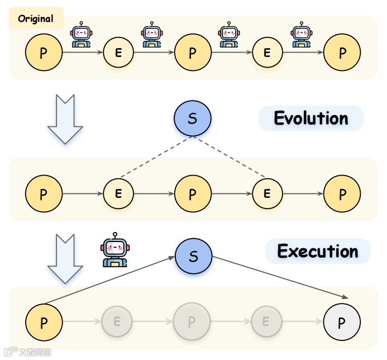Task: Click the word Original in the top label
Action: (x=36, y=18)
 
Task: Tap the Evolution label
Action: (x=310, y=119)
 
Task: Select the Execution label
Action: (x=318, y=251)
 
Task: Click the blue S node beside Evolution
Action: (x=193, y=119)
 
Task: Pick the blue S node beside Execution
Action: (x=194, y=257)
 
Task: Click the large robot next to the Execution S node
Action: (x=114, y=250)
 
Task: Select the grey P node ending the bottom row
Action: (x=342, y=321)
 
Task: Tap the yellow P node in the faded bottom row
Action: (x=44, y=321)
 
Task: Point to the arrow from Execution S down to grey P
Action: (x=279, y=277)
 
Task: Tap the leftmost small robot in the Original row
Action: (x=81, y=35)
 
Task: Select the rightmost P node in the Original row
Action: (x=342, y=53)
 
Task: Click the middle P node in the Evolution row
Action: (x=193, y=193)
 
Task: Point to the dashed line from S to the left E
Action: (x=155, y=158)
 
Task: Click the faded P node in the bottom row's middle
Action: (x=192, y=321)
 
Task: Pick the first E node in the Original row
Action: (x=118, y=53)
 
